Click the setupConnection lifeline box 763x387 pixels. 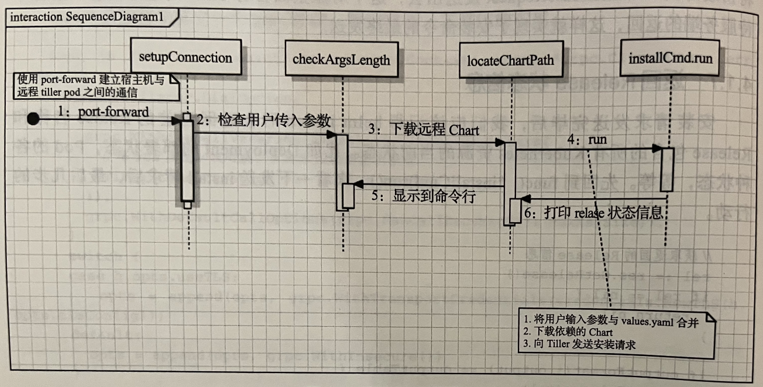[x=185, y=57]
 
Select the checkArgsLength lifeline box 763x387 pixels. [x=341, y=59]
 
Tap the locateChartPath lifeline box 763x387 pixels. [x=510, y=59]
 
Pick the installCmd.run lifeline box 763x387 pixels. [x=668, y=58]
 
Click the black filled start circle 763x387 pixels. [x=33, y=119]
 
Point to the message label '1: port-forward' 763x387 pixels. [x=103, y=111]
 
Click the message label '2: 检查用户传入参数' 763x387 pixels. [x=263, y=121]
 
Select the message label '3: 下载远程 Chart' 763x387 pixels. [x=423, y=129]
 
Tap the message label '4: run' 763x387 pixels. [x=586, y=140]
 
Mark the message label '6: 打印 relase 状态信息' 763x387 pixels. [x=593, y=213]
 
